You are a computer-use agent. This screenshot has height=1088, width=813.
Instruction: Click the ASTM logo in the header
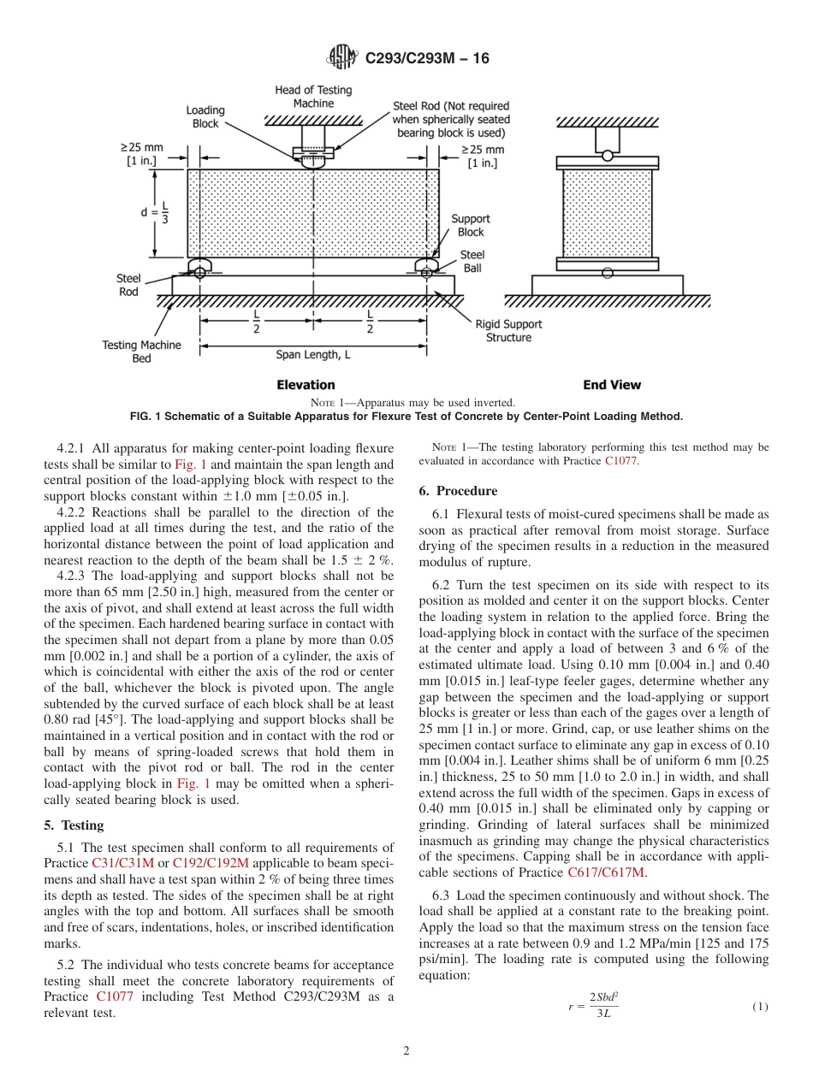pyautogui.click(x=342, y=58)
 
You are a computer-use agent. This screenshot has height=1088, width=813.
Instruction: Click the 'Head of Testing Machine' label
pyautogui.click(x=313, y=97)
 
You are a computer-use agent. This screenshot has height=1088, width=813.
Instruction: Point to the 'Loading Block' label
pyautogui.click(x=205, y=116)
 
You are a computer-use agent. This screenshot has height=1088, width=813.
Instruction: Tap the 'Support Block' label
pyautogui.click(x=470, y=225)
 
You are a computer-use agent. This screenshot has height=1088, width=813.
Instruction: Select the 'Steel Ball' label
pyautogui.click(x=472, y=261)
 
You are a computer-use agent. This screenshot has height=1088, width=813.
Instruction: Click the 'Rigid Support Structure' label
pyautogui.click(x=508, y=331)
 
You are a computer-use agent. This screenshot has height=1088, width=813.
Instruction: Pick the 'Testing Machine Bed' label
pyautogui.click(x=142, y=352)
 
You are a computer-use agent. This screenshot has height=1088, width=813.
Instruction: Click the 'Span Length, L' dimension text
pyautogui.click(x=313, y=354)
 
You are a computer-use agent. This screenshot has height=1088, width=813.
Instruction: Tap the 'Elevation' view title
pyautogui.click(x=306, y=385)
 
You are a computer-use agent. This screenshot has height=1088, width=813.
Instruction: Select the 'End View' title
pyautogui.click(x=612, y=385)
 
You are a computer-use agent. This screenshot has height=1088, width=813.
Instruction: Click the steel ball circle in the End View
pyautogui.click(x=607, y=273)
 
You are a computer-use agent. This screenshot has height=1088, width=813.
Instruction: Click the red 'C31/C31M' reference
pyautogui.click(x=117, y=863)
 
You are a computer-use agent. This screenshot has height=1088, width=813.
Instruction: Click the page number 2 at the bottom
pyautogui.click(x=406, y=1051)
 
